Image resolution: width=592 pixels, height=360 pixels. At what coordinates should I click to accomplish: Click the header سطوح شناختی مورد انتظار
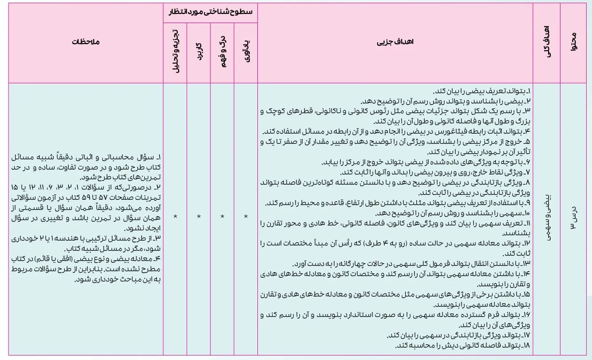tap(210, 12)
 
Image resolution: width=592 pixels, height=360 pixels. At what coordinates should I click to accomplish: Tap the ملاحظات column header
tap(86, 43)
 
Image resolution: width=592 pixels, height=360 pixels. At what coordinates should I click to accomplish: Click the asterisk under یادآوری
tap(246, 217)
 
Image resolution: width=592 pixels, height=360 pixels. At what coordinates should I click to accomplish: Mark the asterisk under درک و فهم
tap(223, 217)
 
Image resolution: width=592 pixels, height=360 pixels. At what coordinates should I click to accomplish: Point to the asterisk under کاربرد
tap(199, 217)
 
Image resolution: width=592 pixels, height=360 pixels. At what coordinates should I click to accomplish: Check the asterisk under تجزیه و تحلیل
tap(175, 217)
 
